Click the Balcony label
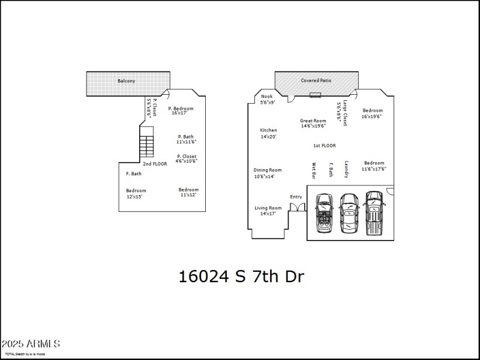tap(126, 80)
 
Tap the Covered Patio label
tap(316, 80)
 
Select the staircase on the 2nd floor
tap(147, 144)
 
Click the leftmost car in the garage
tap(325, 214)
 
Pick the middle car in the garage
tap(349, 214)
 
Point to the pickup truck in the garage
tap(374, 214)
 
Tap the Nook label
tap(267, 97)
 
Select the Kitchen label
tap(268, 130)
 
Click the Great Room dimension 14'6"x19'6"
tap(313, 126)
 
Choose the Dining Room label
tap(268, 170)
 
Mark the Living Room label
tap(268, 208)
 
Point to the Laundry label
tap(346, 170)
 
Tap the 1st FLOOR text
tap(325, 146)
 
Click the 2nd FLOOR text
tap(155, 164)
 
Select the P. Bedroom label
tap(181, 108)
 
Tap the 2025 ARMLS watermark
tap(30, 344)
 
